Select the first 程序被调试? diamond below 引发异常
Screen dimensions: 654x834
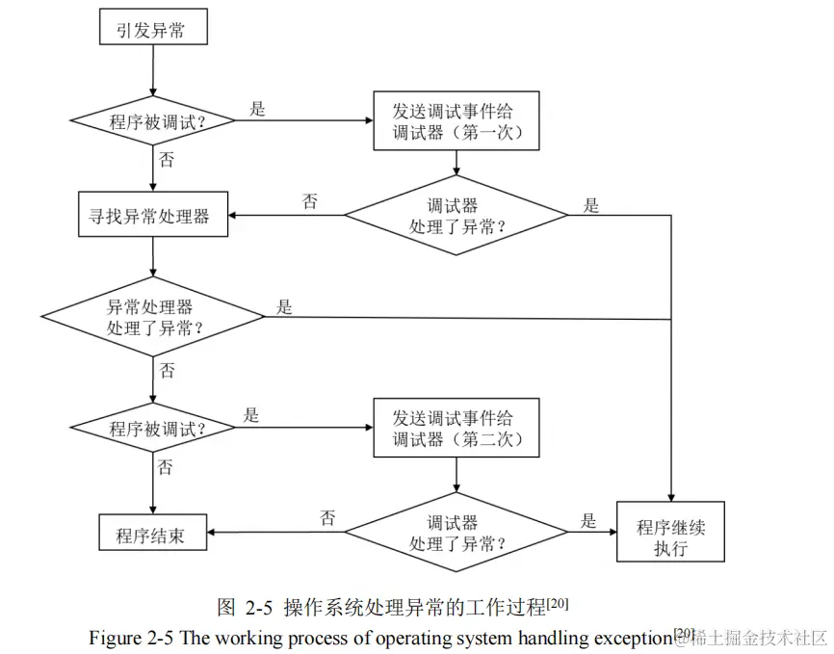(154, 121)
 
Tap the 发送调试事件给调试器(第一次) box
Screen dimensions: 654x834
(456, 120)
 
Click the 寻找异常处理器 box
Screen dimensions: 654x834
(154, 215)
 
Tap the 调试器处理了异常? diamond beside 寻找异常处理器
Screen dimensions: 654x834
(456, 215)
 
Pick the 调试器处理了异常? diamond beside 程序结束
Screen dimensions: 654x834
(456, 531)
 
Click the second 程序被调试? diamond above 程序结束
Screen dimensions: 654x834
(154, 429)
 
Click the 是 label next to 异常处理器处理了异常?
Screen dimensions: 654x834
(284, 307)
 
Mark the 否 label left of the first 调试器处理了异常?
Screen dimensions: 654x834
(310, 202)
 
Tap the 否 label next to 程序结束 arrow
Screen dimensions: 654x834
(327, 518)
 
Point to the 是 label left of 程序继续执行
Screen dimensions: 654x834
(588, 521)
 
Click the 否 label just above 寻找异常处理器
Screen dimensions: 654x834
(167, 160)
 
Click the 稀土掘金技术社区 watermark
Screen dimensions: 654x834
(762, 639)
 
